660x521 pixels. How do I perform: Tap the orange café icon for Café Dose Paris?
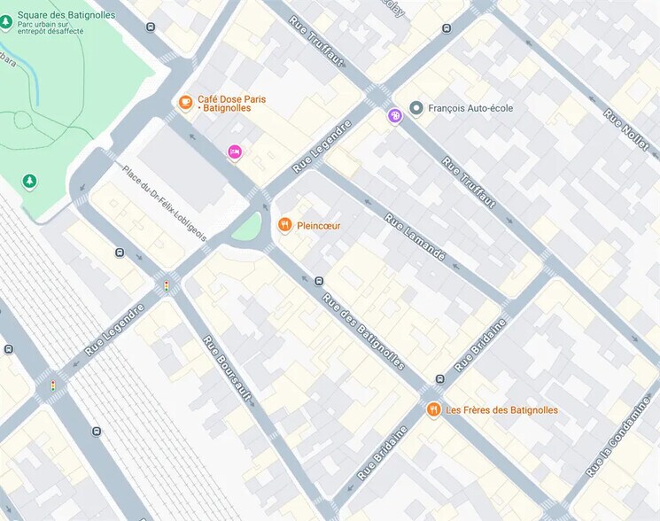point(185,102)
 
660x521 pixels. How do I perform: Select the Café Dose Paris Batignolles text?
point(232,103)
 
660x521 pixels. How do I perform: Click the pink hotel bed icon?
point(235,152)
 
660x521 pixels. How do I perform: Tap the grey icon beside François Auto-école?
point(415,108)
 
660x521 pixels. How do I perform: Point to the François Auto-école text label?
point(470,108)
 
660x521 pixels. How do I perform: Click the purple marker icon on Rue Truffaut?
point(394,115)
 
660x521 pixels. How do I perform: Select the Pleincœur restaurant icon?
point(284,225)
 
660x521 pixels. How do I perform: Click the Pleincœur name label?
point(319,226)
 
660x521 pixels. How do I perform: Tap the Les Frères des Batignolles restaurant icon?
point(433,409)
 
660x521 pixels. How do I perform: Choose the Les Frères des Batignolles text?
point(501,410)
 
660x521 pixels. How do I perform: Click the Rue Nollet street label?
point(625,129)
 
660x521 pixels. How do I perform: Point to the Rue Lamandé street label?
point(415,237)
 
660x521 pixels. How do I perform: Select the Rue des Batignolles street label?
point(363,330)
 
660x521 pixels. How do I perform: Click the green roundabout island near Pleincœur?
point(246,230)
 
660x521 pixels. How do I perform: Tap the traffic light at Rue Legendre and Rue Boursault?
point(166,285)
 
